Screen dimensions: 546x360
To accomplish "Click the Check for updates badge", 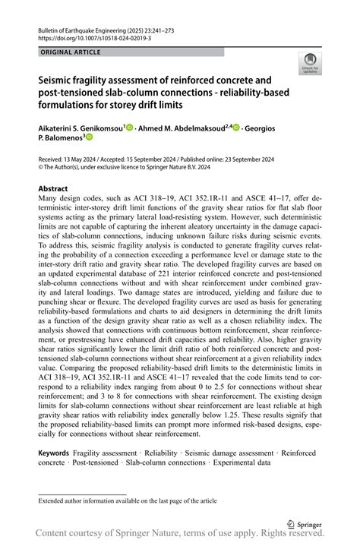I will click(x=309, y=64).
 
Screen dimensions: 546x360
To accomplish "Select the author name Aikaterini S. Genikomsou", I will click(x=80, y=128).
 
